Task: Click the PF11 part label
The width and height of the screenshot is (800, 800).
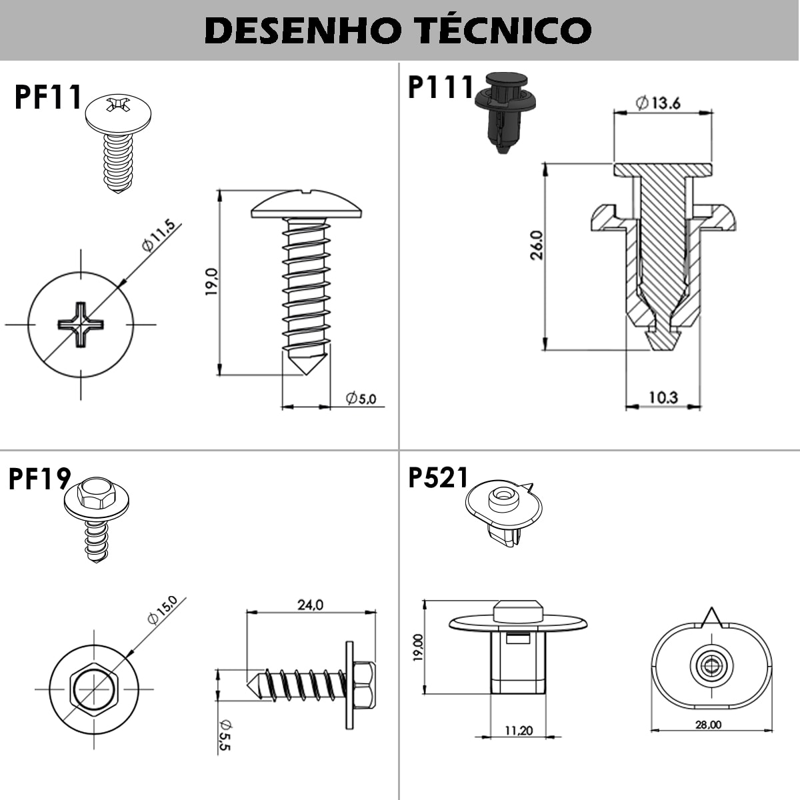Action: coord(47,97)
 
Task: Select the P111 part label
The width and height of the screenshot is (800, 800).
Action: coord(440,87)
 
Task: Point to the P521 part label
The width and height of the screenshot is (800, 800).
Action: coord(438,477)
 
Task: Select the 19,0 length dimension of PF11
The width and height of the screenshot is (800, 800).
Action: coord(211,281)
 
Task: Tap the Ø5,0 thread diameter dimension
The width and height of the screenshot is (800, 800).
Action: coord(361,399)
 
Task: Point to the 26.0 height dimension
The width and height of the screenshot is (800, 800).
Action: coord(537,245)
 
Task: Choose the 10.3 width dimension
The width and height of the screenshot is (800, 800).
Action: coord(663,397)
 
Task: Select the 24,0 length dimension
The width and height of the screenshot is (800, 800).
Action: coord(310,605)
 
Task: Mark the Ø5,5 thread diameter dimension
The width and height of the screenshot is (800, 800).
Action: coord(224,735)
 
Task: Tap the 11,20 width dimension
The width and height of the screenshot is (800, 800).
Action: coord(518,730)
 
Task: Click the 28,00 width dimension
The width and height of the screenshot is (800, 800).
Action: coord(708,725)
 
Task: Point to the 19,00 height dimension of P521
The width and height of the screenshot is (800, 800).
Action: coord(417,647)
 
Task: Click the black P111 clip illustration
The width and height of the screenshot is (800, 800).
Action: coord(505,113)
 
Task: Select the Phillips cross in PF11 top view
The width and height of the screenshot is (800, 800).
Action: coord(81,325)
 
